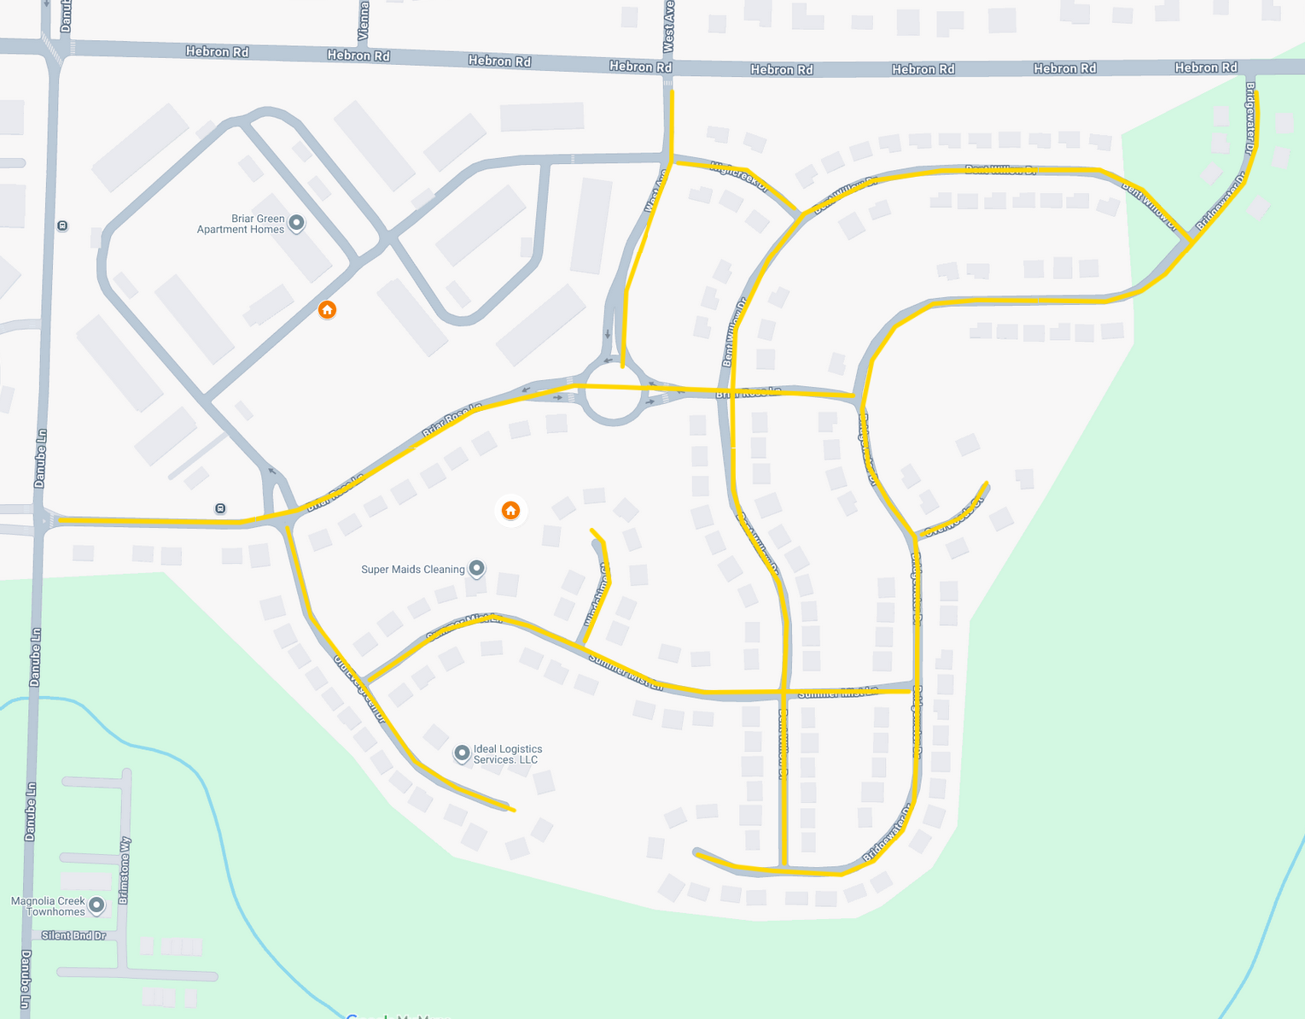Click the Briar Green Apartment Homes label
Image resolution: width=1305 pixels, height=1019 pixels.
coord(241,224)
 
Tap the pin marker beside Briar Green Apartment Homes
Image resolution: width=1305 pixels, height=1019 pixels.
coord(297,223)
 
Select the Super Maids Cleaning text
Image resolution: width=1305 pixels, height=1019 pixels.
coord(413,570)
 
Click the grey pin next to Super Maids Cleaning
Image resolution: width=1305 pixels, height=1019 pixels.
coord(477,568)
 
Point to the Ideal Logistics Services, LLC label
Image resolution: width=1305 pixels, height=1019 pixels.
coord(507,754)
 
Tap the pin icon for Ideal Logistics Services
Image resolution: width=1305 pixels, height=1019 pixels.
coord(462,753)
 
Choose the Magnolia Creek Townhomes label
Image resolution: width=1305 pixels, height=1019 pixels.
coord(48,906)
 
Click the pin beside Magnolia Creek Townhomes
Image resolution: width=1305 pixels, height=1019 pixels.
coord(96,904)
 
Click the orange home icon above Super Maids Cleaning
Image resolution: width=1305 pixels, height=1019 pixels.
coord(510,511)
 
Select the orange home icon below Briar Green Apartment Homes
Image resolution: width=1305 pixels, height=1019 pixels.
coord(327,309)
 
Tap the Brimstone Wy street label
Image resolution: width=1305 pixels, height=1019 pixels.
coord(125,870)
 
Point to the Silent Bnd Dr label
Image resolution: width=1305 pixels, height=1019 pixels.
coord(74,935)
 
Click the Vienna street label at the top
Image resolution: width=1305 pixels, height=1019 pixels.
coord(364,20)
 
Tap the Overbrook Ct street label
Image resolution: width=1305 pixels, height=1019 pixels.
coord(954,517)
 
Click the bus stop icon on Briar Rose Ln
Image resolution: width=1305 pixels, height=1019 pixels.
coord(220,508)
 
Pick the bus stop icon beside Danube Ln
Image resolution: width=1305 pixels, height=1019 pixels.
coord(62,225)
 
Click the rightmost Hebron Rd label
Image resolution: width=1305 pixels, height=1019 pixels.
coord(1205,67)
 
